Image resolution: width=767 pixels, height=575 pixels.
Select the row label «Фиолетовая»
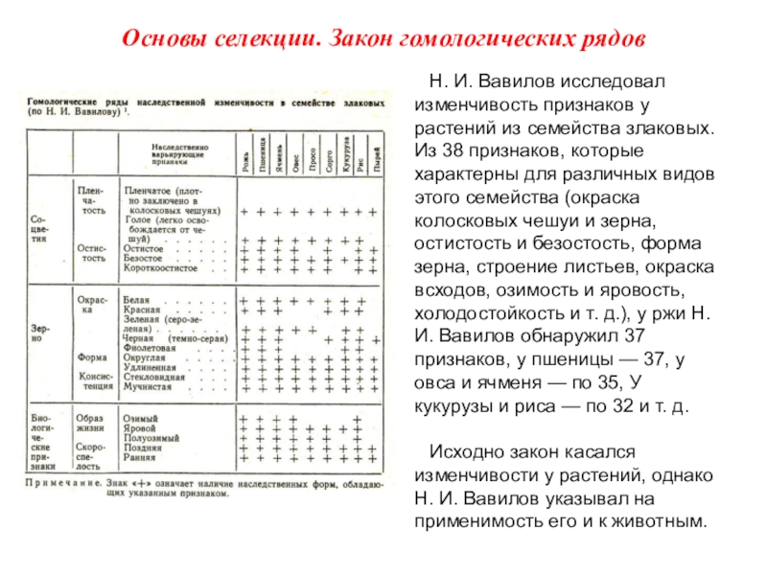click(x=155, y=350)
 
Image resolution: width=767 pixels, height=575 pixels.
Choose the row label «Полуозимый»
click(x=151, y=439)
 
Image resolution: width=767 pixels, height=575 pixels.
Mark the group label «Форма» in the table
click(x=92, y=356)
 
